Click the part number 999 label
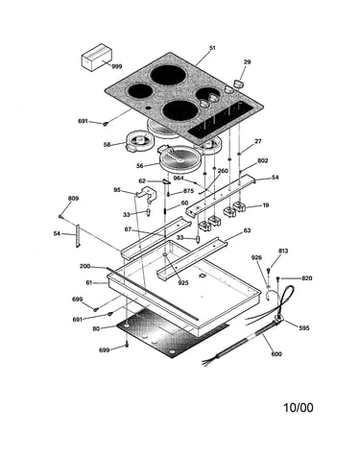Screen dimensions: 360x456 pos(117,66)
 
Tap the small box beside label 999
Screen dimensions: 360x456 pos(97,58)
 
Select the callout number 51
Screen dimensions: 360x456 pos(212,48)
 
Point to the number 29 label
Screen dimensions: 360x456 pos(247,61)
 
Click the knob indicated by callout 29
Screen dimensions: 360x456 pos(238,84)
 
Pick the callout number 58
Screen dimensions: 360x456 pos(108,145)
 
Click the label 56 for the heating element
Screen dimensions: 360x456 pos(140,166)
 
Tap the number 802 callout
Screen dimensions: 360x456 pos(262,160)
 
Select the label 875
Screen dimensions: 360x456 pos(188,191)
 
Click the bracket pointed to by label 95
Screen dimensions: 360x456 pos(147,193)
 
